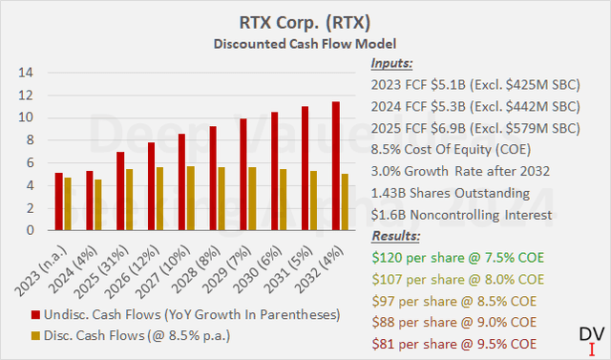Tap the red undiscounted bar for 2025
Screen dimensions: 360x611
(120, 191)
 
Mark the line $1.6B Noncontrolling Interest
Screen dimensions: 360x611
(459, 214)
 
